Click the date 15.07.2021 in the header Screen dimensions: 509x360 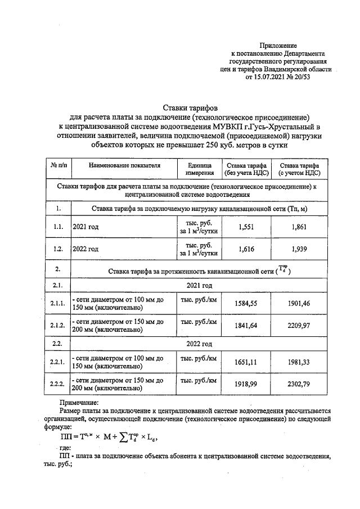(x=268, y=77)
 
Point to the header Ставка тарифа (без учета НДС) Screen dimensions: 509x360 (x=245, y=169)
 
